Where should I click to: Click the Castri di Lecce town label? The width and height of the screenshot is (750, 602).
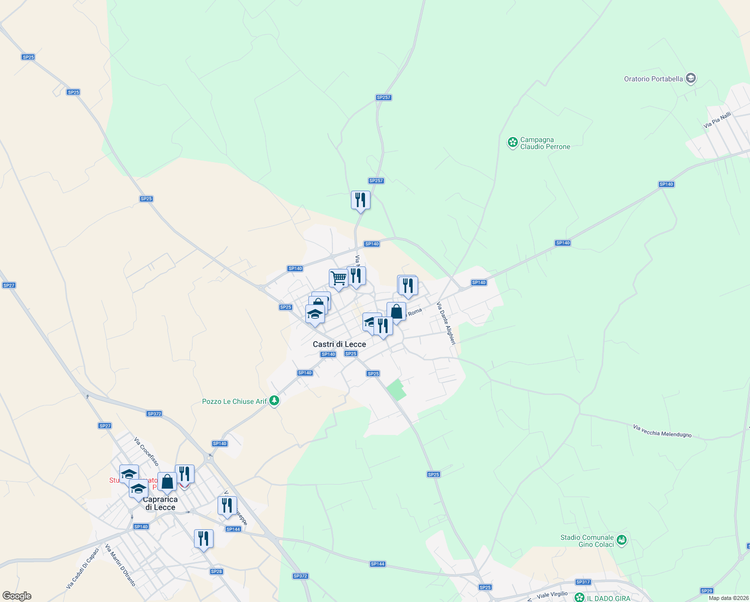pyautogui.click(x=339, y=344)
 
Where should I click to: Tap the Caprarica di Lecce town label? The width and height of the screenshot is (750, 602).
pyautogui.click(x=160, y=503)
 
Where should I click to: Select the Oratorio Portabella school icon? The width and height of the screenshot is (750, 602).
pyautogui.click(x=691, y=78)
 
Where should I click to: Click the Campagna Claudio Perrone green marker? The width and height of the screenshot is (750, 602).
pyautogui.click(x=512, y=142)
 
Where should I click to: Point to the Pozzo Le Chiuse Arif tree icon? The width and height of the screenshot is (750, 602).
pyautogui.click(x=274, y=401)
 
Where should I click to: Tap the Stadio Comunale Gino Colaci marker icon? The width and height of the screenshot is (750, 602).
pyautogui.click(x=622, y=540)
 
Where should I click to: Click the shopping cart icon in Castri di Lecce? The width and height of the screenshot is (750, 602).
pyautogui.click(x=338, y=278)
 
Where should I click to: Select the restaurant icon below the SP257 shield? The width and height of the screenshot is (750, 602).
pyautogui.click(x=360, y=200)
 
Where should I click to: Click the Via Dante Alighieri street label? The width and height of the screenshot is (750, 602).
pyautogui.click(x=446, y=323)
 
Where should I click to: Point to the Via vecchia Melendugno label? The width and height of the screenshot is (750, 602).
pyautogui.click(x=662, y=431)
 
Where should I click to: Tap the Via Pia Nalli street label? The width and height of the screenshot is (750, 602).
pyautogui.click(x=717, y=120)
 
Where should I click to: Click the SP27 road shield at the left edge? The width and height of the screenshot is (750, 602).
pyautogui.click(x=9, y=285)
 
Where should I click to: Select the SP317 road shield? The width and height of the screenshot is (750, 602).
pyautogui.click(x=583, y=582)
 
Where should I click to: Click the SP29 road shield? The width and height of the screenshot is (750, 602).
pyautogui.click(x=706, y=591)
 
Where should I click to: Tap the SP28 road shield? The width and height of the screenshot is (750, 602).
pyautogui.click(x=217, y=571)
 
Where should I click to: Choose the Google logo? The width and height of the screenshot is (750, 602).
pyautogui.click(x=17, y=596)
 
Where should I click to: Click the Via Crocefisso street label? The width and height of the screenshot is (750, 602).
pyautogui.click(x=146, y=452)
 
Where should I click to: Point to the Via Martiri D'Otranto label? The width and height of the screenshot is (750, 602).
pyautogui.click(x=120, y=565)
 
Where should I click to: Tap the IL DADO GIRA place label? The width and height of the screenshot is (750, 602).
pyautogui.click(x=609, y=598)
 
